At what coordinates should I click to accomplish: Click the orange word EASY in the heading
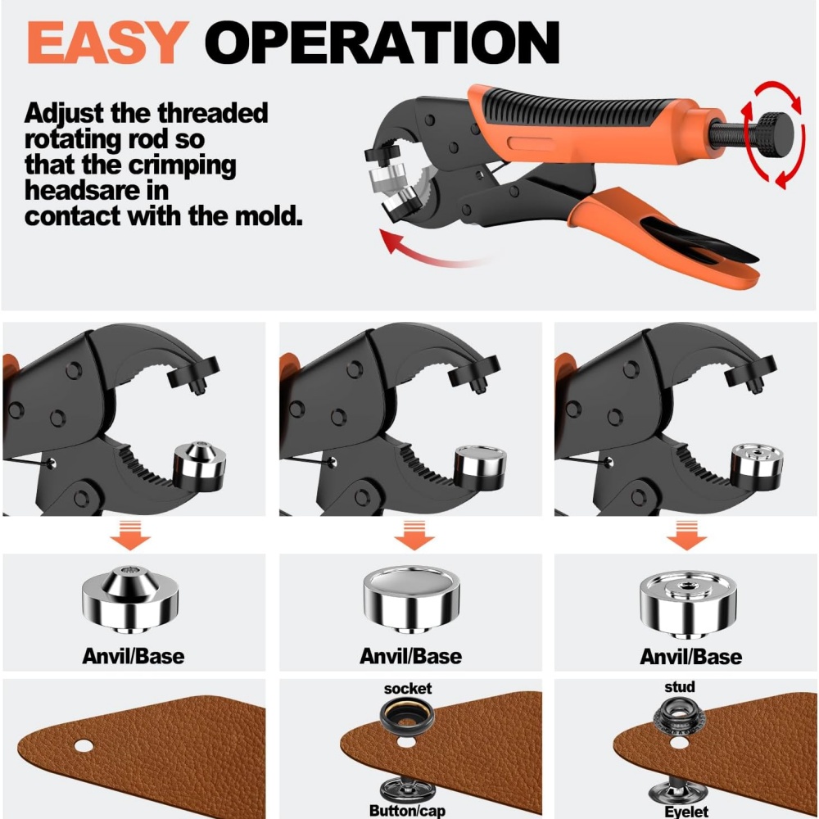(107, 43)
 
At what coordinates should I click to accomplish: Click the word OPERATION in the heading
(382, 43)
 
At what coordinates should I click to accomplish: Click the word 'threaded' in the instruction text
(213, 113)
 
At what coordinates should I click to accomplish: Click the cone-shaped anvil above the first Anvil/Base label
(130, 599)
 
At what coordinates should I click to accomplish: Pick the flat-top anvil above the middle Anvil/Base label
(412, 599)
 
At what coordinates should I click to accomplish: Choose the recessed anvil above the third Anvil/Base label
(687, 604)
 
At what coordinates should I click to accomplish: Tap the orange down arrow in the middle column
(414, 535)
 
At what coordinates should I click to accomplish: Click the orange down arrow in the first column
(130, 535)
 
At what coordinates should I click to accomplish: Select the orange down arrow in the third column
(687, 535)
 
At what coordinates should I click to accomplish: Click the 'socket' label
(407, 689)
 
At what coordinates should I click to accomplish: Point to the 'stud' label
(680, 686)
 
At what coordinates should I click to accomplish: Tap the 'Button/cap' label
(407, 810)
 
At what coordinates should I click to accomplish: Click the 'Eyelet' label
(686, 811)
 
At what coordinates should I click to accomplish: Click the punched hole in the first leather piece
(83, 745)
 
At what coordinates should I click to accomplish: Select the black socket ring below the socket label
(407, 717)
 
